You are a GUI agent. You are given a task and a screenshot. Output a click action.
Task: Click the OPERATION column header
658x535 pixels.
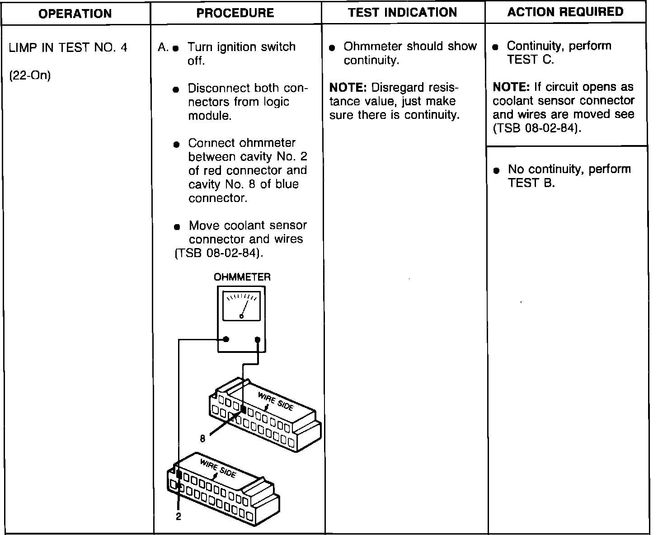[x=75, y=13]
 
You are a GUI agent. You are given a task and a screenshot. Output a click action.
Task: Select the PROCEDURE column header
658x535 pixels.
[x=235, y=13]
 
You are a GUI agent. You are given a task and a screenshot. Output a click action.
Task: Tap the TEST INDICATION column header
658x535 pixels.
[x=403, y=13]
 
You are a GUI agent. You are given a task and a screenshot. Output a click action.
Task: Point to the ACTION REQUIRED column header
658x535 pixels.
[x=565, y=12]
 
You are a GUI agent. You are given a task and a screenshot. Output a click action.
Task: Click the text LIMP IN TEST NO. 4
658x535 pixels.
[x=68, y=48]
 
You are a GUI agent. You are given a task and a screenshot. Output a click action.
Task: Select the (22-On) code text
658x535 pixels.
[x=30, y=75]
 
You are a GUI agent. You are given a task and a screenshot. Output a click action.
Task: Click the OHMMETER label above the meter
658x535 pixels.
[x=242, y=277]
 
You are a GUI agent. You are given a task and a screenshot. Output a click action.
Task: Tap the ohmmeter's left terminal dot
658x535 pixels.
[x=226, y=339]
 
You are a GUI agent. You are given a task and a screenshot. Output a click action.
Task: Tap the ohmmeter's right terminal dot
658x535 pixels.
[x=258, y=339]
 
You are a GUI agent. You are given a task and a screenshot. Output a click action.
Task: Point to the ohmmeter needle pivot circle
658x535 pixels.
[x=241, y=317]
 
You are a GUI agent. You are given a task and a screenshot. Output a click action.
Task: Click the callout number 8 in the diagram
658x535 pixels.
[x=203, y=438]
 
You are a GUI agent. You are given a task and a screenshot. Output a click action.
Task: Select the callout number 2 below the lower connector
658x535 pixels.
[x=179, y=517]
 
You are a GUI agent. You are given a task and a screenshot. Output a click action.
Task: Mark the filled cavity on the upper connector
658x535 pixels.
[x=243, y=409]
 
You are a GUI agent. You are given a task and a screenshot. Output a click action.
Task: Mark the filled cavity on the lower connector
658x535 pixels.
[x=179, y=475]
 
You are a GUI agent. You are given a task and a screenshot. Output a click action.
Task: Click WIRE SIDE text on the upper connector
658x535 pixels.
[x=275, y=401]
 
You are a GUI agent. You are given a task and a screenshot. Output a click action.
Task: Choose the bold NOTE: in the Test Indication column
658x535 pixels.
[x=348, y=87]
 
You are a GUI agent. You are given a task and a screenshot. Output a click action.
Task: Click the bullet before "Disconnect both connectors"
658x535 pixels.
[x=177, y=89]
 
